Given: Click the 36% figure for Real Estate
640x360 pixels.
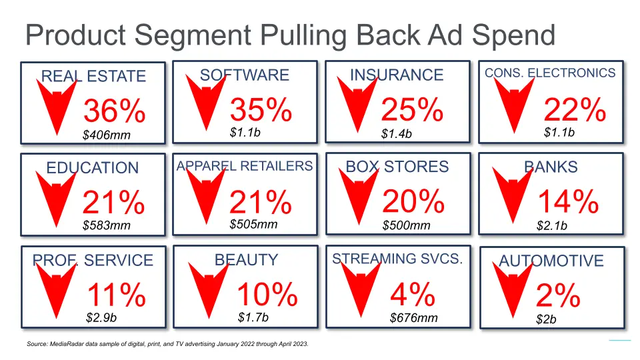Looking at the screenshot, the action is pos(115,111).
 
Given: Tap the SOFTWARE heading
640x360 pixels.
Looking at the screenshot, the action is pos(245,75).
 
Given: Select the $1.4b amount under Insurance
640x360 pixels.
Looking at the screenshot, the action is pos(396,134).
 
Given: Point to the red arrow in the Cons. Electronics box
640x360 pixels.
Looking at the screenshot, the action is pos(514,105).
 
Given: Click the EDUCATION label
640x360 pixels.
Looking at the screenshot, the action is pos(93,168).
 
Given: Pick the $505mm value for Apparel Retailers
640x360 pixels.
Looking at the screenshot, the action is pos(253,224).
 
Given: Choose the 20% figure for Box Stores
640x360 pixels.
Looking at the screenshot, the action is pos(413,201).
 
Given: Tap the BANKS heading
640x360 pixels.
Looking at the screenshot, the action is pos(551,167).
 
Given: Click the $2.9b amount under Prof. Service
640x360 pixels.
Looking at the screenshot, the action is pos(101,317).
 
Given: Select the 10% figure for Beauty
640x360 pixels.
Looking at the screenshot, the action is pos(267,294).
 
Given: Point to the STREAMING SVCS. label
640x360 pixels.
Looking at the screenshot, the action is pos(397,259).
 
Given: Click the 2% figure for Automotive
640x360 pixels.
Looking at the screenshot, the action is pos(558,295).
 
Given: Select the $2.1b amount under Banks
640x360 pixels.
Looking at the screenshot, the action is pos(552,226).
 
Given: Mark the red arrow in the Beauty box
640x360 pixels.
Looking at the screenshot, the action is pos(209,290).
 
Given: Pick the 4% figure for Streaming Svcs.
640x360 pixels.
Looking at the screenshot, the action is pos(413,294).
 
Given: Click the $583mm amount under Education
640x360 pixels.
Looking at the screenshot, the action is pos(107,225).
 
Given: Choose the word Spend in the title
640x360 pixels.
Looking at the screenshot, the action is pos(513,36).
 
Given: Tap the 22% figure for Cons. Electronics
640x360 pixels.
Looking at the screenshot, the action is pos(575,110).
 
